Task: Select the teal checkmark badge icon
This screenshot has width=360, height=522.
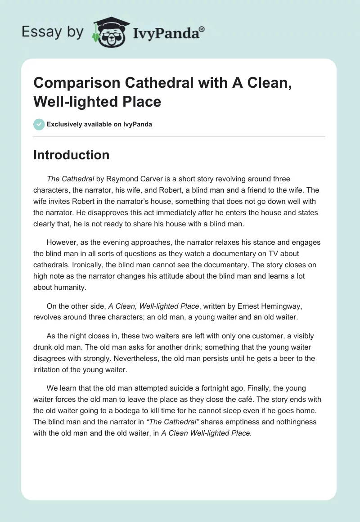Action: pyautogui.click(x=39, y=124)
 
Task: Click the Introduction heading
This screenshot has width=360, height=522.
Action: pyautogui.click(x=71, y=155)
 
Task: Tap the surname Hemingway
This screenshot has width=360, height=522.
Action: pyautogui.click(x=277, y=306)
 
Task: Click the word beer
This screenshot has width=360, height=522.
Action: pyautogui.click(x=276, y=358)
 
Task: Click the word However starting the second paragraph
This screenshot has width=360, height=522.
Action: pyautogui.click(x=62, y=242)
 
